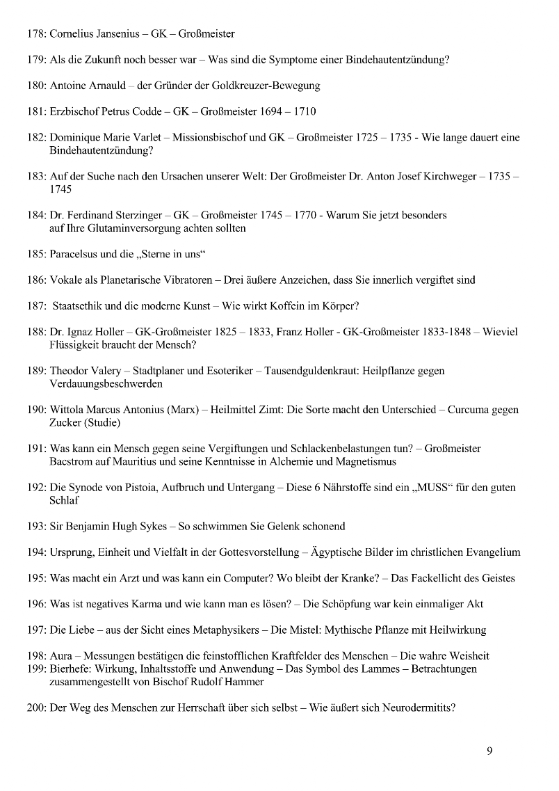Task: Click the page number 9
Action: click(489, 750)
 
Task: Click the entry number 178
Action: click(37, 33)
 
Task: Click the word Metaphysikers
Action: click(222, 630)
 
